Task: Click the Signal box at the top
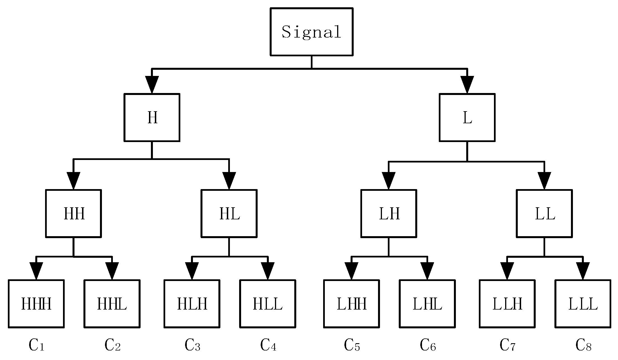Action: coord(311,32)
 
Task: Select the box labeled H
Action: coord(152,117)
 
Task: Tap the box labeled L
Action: coord(467,117)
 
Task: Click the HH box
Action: coord(73,213)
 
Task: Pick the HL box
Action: coord(229,213)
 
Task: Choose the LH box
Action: coord(389,213)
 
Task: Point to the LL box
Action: coord(544,213)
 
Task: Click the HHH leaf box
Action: coord(36,304)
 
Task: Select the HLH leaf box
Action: coord(192,304)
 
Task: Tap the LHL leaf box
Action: coord(427,304)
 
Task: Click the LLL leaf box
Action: coord(583,304)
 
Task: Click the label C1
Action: coord(36,345)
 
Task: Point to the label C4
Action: coord(268,345)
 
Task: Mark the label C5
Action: coord(352,345)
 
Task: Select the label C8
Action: coord(583,345)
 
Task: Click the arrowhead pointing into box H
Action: coord(152,85)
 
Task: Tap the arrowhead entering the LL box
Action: coord(544,181)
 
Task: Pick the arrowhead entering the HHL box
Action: coord(112,271)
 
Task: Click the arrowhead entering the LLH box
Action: coord(507,271)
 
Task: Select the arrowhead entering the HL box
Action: coord(229,181)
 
